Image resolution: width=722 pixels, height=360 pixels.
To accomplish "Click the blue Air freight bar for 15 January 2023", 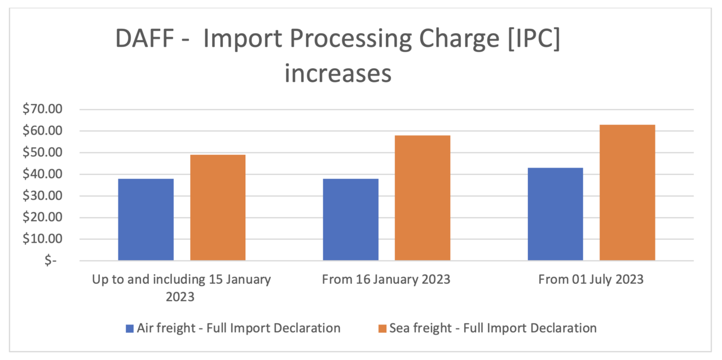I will point(146,219).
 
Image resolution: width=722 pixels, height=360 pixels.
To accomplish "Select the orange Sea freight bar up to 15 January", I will point(218,208).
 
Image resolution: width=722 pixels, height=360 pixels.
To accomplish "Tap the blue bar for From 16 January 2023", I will point(350,219).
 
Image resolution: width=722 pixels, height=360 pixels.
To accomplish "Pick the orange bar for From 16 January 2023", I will point(422,198).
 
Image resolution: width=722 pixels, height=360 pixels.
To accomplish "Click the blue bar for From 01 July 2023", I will point(555,214).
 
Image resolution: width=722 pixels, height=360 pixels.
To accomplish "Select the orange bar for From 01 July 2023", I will point(627,192).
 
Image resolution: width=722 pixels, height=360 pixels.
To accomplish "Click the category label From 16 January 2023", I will point(386,280).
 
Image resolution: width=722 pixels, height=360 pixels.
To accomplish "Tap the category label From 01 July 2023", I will point(591,280).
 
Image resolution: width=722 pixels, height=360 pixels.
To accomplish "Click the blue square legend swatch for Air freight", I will point(130,328).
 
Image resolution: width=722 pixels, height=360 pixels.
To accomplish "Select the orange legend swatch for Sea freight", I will point(382,328).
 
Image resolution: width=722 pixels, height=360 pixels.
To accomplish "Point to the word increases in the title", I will point(337,74).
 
